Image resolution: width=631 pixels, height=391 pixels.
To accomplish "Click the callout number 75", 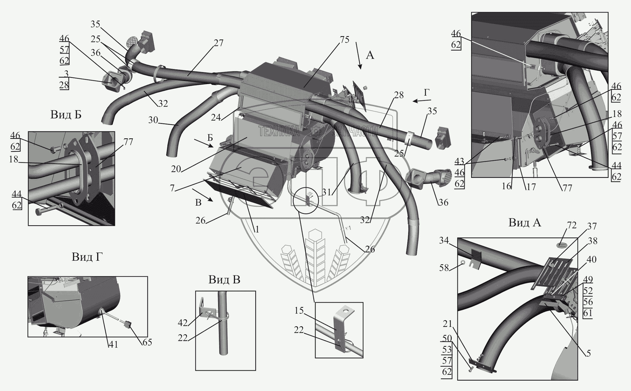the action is click(x=345, y=40).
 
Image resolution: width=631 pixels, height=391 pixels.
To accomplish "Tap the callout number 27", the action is click(x=219, y=43).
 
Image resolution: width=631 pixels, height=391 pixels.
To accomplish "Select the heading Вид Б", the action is click(x=66, y=115).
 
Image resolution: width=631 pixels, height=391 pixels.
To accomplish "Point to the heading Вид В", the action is click(x=224, y=280).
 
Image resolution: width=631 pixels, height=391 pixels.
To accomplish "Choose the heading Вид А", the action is click(x=525, y=223).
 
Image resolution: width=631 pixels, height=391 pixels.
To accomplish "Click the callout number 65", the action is click(x=147, y=342).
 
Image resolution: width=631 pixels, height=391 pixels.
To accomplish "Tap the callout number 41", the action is click(x=113, y=344).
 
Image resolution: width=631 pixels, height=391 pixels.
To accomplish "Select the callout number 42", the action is click(x=183, y=323).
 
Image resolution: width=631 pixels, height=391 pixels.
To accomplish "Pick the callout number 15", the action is click(x=299, y=311).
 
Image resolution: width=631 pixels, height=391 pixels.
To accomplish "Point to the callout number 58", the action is click(x=444, y=268).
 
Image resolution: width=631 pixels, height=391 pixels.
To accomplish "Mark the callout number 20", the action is click(x=176, y=169).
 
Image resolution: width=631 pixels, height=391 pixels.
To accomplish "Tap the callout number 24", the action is click(x=216, y=117).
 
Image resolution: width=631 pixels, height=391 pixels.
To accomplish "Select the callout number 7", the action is click(x=172, y=188).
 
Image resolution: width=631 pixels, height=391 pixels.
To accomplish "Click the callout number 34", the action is click(x=444, y=241).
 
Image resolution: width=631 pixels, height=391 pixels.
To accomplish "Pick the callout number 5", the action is click(x=589, y=353).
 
